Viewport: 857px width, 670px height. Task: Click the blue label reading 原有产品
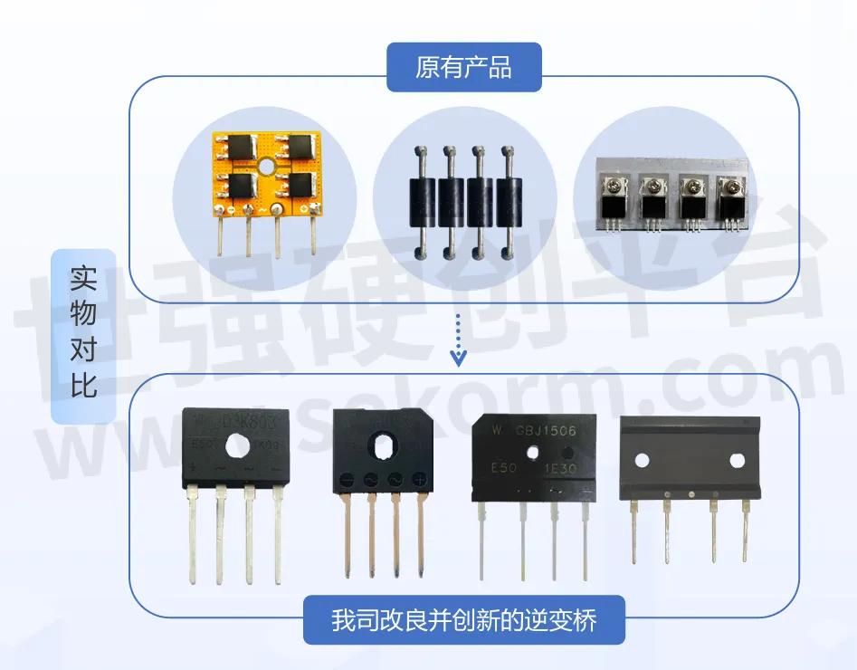[463, 67]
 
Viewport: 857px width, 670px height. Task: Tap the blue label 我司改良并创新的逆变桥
[463, 620]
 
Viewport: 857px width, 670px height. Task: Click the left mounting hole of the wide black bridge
[642, 460]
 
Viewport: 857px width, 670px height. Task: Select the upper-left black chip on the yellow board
[243, 147]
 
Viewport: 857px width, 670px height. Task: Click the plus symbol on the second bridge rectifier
[419, 479]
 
